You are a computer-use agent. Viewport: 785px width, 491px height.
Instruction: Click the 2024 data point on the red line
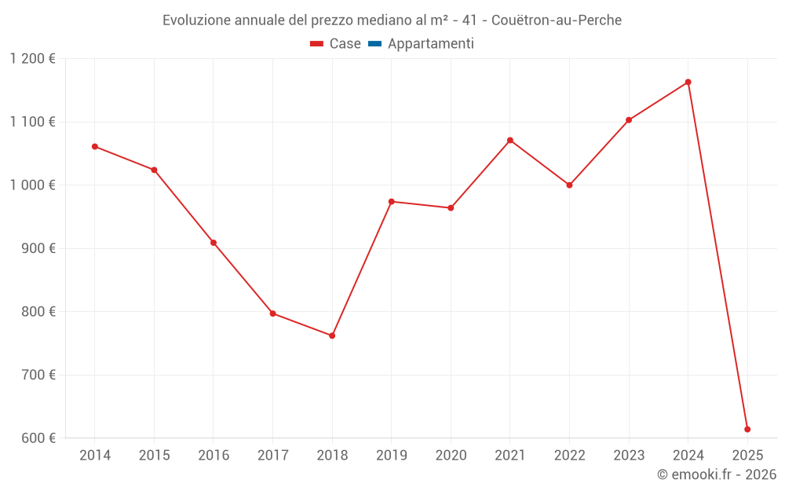tap(688, 82)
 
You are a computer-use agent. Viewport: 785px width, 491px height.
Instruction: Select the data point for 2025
tap(747, 430)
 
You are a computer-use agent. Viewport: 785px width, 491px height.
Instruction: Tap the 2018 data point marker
tap(332, 336)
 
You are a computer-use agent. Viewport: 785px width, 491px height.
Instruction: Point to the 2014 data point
tap(95, 147)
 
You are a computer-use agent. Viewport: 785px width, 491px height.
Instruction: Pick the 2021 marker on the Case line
tap(510, 141)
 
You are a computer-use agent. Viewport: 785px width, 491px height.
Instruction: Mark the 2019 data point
tap(392, 202)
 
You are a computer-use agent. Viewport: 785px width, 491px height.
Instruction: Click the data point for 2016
tap(214, 243)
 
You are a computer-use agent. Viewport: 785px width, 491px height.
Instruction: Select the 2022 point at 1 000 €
tap(570, 185)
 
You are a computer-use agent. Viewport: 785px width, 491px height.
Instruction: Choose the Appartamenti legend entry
tap(430, 44)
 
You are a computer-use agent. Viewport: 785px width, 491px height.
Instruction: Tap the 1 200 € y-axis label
tap(33, 59)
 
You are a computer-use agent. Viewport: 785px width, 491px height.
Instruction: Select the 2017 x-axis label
tap(272, 456)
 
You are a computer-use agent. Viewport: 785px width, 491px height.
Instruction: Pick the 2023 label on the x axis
tap(629, 456)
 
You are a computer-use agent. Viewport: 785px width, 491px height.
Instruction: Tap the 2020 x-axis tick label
tap(451, 456)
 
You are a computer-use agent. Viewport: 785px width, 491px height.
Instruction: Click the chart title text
tap(392, 20)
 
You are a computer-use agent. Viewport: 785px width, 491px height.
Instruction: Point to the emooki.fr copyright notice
tap(716, 475)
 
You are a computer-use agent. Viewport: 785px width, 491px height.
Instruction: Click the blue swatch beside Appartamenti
tap(374, 44)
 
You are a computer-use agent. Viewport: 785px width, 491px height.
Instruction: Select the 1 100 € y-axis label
tap(33, 122)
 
